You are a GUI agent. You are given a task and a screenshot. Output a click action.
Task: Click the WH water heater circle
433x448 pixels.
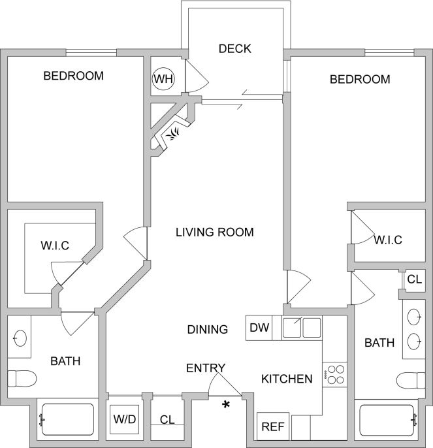coord(163,80)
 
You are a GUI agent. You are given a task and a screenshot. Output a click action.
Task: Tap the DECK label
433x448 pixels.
coord(235,49)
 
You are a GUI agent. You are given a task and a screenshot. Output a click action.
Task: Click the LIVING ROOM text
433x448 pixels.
coord(214,232)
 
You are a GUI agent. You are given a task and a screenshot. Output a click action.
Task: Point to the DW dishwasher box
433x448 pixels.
coord(259,328)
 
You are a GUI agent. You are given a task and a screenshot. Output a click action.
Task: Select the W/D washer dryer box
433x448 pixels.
coord(124,419)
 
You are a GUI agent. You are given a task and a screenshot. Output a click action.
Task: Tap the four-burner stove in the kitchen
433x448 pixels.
coord(335,374)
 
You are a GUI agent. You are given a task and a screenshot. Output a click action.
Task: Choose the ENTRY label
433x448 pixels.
coord(206,368)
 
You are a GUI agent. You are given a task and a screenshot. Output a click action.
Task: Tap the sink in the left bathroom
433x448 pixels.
coord(20,338)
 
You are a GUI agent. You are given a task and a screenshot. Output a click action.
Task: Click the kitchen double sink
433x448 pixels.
coord(302,327)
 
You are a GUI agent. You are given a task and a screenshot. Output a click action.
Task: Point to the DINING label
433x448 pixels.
coord(208,330)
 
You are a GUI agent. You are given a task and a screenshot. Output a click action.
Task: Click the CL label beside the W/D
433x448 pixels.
coord(167,419)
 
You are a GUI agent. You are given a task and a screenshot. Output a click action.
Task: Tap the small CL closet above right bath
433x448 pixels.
coord(414,280)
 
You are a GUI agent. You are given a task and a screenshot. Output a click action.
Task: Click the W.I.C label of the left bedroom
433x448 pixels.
coord(55,246)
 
